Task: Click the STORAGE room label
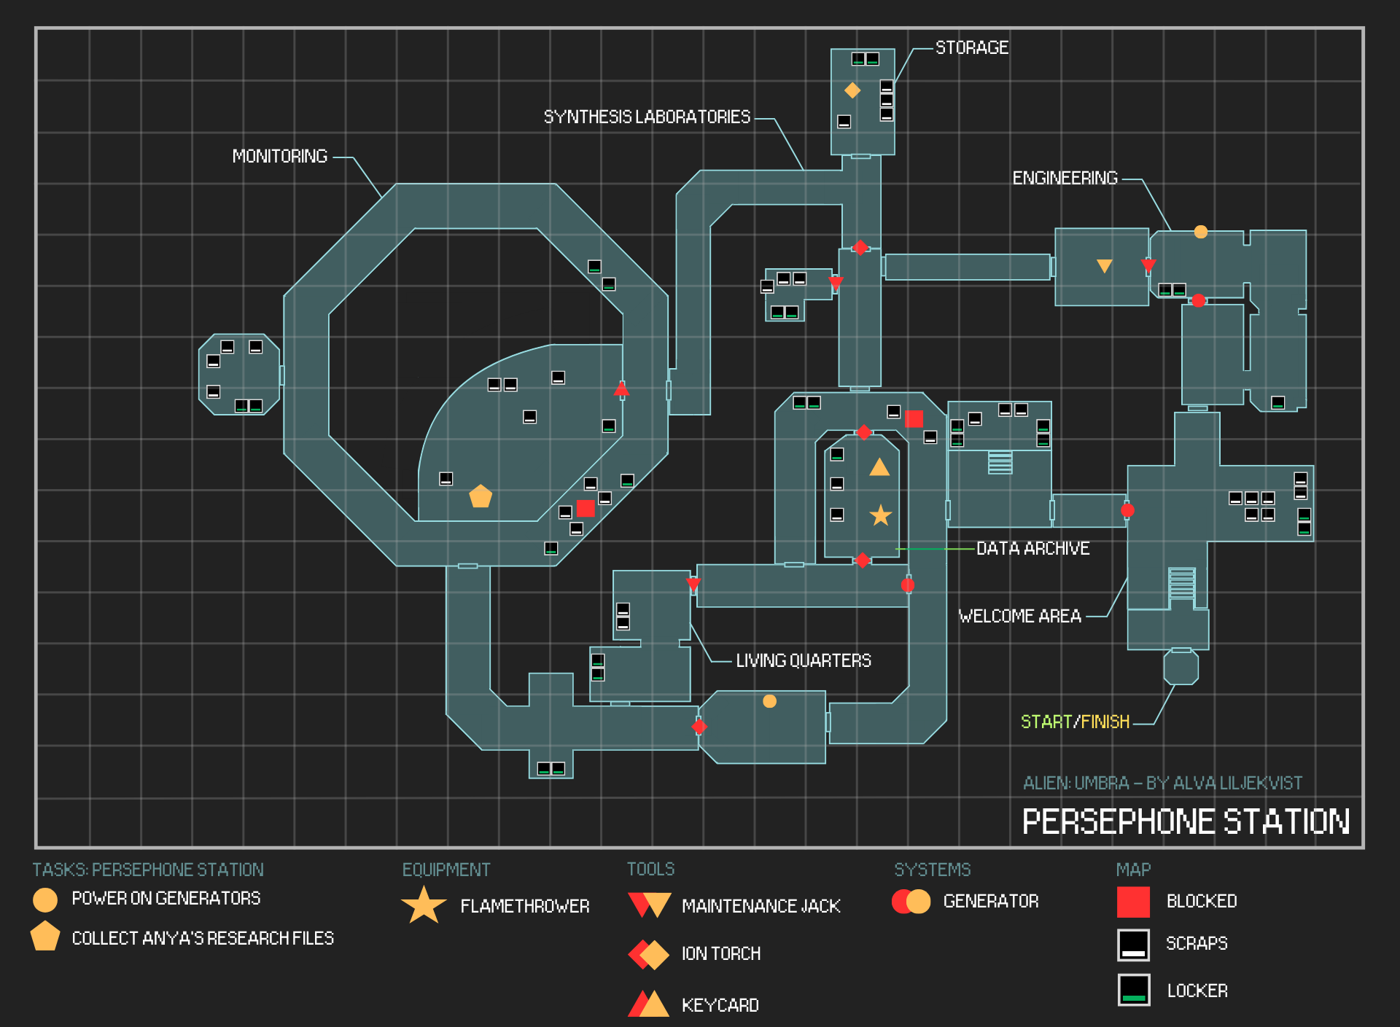[971, 48]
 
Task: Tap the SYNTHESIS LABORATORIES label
[647, 117]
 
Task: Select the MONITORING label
[279, 157]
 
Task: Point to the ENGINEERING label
[1065, 179]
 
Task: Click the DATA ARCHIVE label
[1032, 549]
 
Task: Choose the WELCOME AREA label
[1019, 617]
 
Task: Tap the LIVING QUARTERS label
[803, 661]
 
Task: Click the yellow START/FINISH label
[1075, 722]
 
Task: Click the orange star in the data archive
[881, 515]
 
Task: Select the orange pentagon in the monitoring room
[481, 496]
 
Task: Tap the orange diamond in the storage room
[852, 90]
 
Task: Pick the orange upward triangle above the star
[879, 467]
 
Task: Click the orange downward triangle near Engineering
[1105, 266]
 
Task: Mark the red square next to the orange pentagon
[586, 508]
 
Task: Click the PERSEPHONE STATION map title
[1186, 822]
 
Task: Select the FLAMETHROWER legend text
[524, 907]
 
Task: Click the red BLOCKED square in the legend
[1133, 902]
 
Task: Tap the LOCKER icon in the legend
[1133, 990]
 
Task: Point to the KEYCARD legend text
[720, 1006]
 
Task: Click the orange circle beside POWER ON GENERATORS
[45, 899]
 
